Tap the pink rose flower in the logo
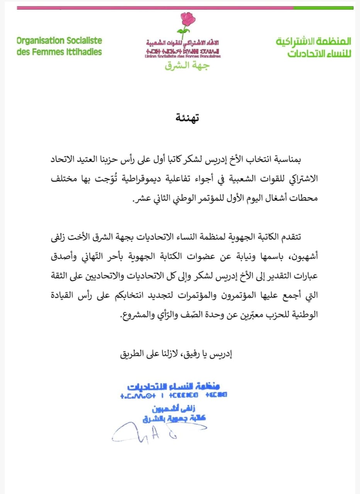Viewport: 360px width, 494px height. pyautogui.click(x=188, y=19)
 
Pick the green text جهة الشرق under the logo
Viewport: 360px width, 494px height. pyautogui.click(x=187, y=66)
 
